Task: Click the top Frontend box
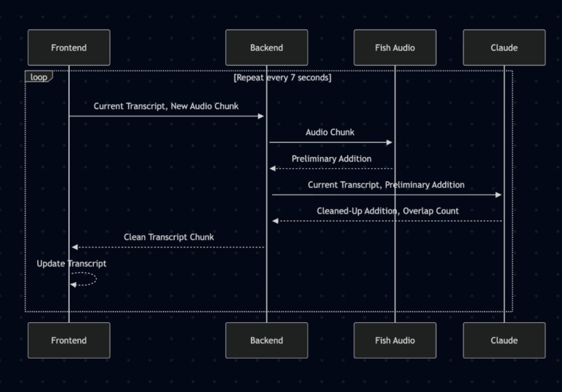click(x=69, y=47)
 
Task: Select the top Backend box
click(x=266, y=47)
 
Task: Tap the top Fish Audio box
click(x=395, y=47)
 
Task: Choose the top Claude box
click(x=504, y=47)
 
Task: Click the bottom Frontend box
click(x=69, y=340)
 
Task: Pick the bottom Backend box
click(x=266, y=340)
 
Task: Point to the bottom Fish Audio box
click(x=395, y=340)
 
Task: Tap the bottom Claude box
click(x=504, y=340)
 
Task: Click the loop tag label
click(x=38, y=77)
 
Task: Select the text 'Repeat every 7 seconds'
click(x=282, y=77)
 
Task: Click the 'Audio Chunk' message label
click(x=330, y=132)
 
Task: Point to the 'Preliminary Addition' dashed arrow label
click(x=331, y=158)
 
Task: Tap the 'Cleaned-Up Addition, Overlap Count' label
click(x=388, y=211)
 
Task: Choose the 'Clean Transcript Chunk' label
click(x=169, y=237)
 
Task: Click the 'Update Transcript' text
click(x=71, y=264)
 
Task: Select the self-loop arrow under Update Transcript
click(x=85, y=279)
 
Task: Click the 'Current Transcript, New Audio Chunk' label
click(x=166, y=106)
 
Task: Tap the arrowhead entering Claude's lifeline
click(x=499, y=195)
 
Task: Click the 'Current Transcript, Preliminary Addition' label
click(x=386, y=185)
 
